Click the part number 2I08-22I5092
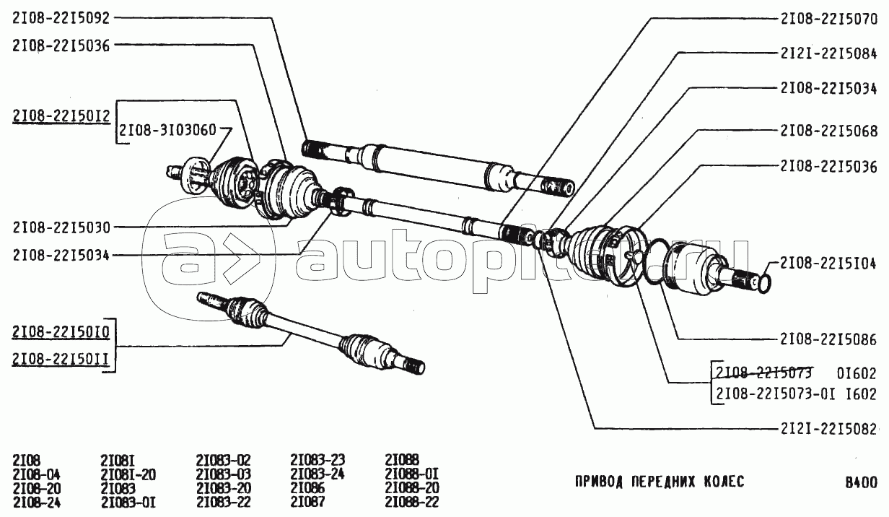[x=61, y=18]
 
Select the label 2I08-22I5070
[x=828, y=19]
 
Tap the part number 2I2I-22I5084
[x=828, y=53]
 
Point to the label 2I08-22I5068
[x=828, y=130]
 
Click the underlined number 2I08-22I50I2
[x=61, y=116]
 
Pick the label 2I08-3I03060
[x=167, y=130]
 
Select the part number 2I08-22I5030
[x=61, y=227]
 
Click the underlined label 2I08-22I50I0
[x=61, y=332]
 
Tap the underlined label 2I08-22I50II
[x=61, y=359]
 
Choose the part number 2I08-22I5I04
[x=828, y=264]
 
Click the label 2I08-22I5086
[x=828, y=339]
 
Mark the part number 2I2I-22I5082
[x=828, y=429]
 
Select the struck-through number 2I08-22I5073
[x=764, y=373]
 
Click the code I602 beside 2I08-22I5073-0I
[x=861, y=394]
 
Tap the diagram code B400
[x=862, y=482]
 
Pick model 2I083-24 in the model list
[x=317, y=474]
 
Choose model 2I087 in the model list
[x=307, y=502]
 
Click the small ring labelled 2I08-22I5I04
[x=765, y=284]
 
